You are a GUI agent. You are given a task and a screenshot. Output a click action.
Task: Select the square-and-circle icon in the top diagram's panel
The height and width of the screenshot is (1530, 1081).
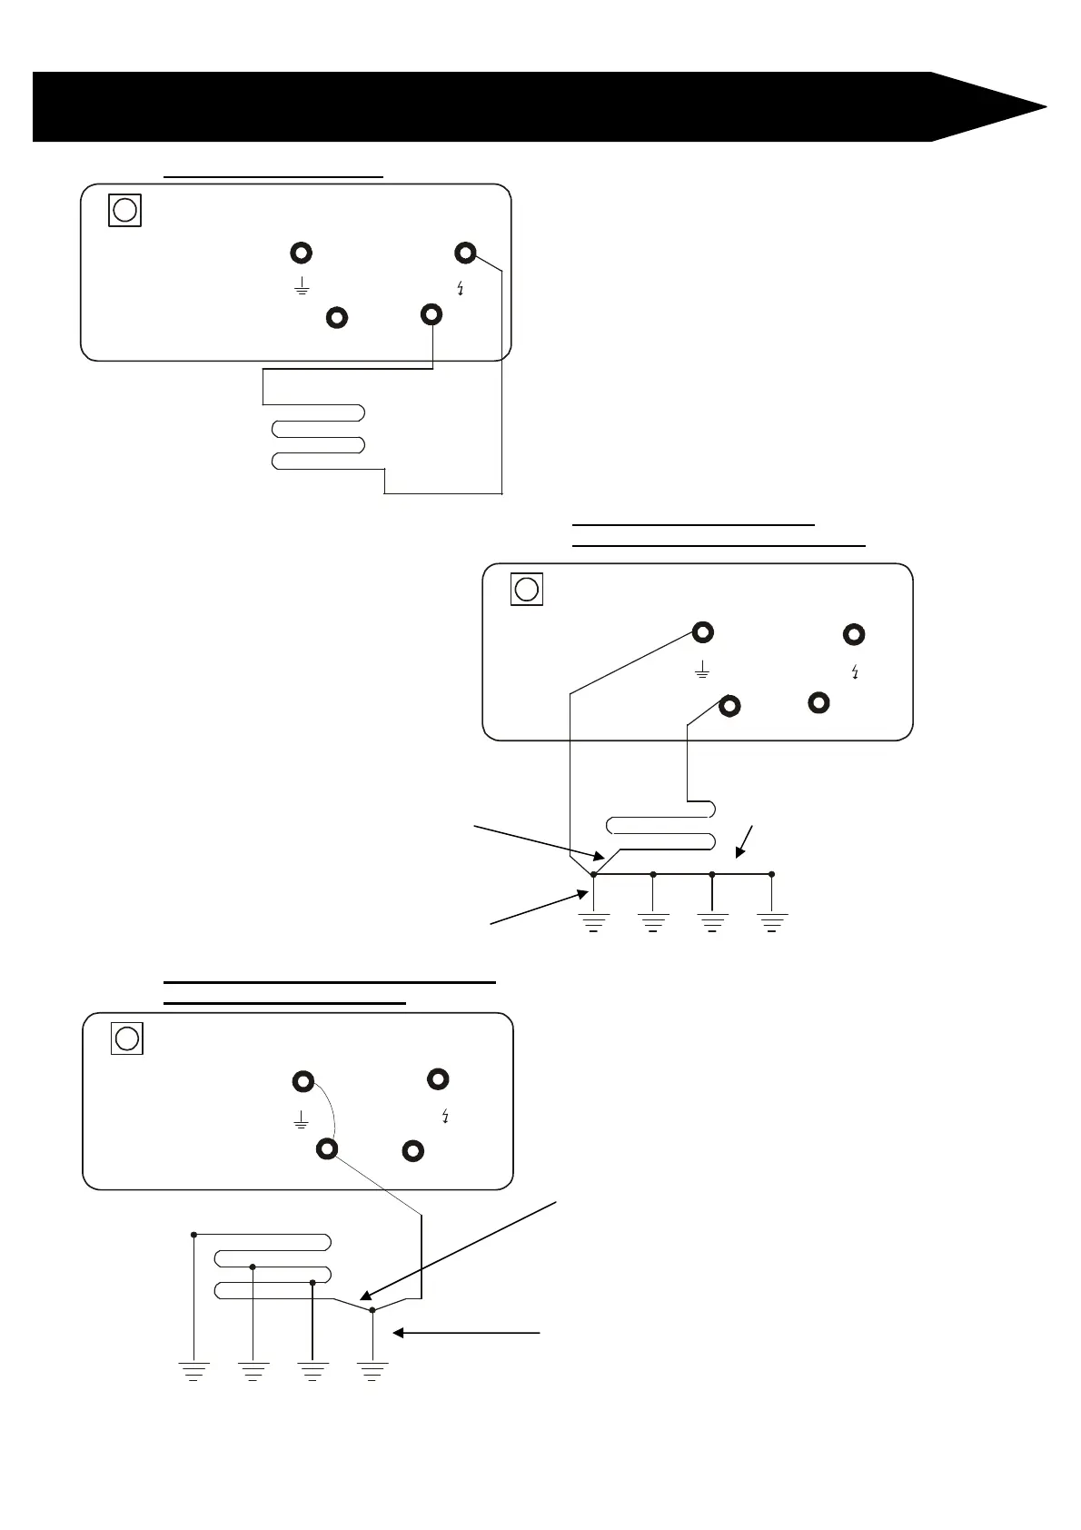(x=125, y=210)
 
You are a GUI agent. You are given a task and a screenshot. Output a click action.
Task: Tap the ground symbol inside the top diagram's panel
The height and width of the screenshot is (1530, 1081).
(x=302, y=289)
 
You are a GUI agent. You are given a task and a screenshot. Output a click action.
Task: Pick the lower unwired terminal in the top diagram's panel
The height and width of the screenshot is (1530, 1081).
(x=337, y=317)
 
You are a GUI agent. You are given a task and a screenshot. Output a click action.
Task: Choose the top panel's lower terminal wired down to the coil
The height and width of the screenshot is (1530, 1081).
(x=432, y=314)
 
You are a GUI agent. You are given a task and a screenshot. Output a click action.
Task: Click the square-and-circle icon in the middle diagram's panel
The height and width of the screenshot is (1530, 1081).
(x=527, y=590)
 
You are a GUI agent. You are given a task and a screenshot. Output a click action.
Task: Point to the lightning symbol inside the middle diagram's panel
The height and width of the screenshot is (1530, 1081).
(x=855, y=673)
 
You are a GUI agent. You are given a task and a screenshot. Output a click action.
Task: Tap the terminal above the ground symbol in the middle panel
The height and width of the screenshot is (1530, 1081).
(x=702, y=631)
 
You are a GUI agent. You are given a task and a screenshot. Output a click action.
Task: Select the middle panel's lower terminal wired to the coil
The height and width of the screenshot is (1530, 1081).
(x=729, y=705)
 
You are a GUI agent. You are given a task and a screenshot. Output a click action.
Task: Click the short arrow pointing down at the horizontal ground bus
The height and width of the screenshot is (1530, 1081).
(x=746, y=841)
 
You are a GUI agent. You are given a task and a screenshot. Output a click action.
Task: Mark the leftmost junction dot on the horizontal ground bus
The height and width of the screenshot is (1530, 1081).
(x=593, y=874)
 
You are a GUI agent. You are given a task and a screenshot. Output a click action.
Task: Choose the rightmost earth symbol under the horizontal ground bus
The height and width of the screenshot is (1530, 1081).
(x=771, y=922)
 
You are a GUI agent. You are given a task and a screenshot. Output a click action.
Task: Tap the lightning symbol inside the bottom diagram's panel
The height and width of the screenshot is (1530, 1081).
(x=444, y=1117)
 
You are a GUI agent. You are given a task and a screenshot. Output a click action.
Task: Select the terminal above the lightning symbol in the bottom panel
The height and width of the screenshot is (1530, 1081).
(x=438, y=1079)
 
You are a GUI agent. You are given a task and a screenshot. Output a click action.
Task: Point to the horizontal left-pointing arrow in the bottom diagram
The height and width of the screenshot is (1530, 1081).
(x=468, y=1333)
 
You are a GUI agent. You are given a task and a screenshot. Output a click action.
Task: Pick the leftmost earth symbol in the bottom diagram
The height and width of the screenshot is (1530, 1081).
(x=193, y=1369)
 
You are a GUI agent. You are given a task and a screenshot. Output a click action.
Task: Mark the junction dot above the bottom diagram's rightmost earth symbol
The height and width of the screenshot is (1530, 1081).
(x=372, y=1310)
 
